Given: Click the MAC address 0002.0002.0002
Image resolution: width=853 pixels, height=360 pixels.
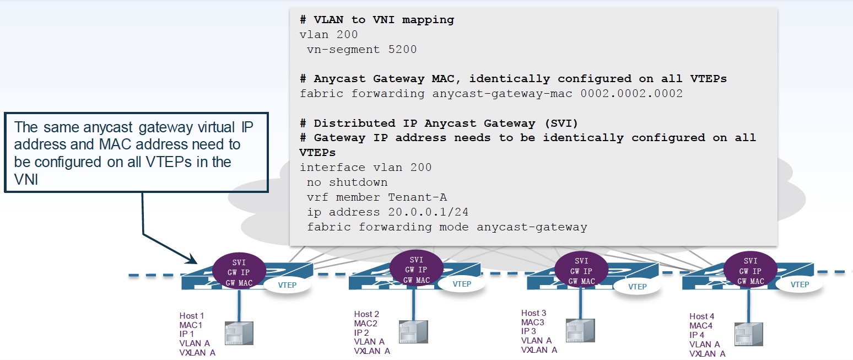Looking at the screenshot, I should click(631, 94).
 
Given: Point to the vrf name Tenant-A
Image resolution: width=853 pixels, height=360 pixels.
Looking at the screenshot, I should click(421, 197).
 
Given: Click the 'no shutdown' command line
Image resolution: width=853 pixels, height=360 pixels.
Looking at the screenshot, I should click(347, 182).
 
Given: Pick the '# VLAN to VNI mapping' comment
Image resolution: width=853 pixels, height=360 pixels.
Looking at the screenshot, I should click(377, 20).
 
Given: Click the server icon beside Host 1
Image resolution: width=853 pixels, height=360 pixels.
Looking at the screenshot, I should click(239, 334).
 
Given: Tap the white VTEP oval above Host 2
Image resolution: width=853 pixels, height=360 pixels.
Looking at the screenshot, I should click(462, 284).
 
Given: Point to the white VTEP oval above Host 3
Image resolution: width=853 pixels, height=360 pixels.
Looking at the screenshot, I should click(637, 287).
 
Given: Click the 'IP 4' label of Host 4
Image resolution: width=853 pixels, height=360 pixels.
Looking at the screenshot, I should click(697, 335).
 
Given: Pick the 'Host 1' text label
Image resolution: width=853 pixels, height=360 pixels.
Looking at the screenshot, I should click(191, 316).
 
